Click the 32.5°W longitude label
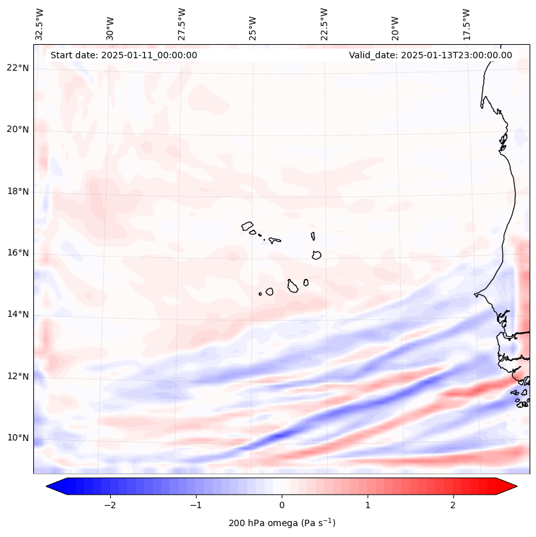coord(40,24)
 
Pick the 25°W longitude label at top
coord(253,24)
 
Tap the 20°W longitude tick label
coord(395,24)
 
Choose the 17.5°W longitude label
coord(466,24)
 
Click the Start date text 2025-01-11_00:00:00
coord(124,55)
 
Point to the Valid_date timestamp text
coord(430,55)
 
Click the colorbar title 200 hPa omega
coord(282,523)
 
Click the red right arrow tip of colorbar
coord(515,486)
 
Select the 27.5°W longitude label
coord(182,24)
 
